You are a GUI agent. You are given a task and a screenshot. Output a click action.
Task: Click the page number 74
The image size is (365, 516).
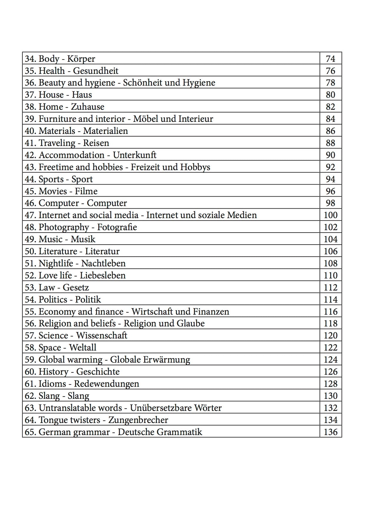coord(331,59)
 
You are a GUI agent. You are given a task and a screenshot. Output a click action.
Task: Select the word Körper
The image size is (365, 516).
coord(81,59)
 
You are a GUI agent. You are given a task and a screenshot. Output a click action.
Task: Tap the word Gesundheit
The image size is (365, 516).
coord(96,71)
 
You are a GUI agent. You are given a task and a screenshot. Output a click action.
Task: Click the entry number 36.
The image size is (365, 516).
coord(30,83)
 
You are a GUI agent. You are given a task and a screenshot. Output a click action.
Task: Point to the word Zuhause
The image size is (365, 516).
coord(87,107)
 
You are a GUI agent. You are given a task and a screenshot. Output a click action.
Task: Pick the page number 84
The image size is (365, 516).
coord(331,119)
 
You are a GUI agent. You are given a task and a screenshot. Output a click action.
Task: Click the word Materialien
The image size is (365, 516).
coord(105,131)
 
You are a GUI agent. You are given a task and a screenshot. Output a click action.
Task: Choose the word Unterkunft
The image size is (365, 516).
coord(135,155)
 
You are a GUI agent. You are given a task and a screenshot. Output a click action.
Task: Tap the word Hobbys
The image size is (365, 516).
coord(195,167)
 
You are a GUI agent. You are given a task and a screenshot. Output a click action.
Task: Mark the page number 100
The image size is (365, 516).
coord(331,215)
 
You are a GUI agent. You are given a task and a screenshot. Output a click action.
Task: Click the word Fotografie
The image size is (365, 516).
coord(117,227)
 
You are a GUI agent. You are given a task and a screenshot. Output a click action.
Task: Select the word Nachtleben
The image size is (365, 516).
coord(103,263)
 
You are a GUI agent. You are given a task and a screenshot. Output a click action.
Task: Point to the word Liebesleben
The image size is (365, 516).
coord(103,276)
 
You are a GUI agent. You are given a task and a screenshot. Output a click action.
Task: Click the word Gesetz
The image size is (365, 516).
coord(76,288)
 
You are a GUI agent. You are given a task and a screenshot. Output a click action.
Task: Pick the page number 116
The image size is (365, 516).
coord(331,312)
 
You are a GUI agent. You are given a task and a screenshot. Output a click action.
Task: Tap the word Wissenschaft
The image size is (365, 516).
coord(102,336)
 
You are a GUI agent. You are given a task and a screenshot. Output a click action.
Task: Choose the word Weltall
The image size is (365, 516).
coord(83,348)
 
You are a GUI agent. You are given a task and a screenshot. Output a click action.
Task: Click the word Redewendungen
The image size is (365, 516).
coord(106,384)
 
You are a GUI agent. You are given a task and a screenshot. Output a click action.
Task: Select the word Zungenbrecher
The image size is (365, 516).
coord(138,420)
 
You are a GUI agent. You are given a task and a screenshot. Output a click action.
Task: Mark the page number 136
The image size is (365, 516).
coord(331,432)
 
